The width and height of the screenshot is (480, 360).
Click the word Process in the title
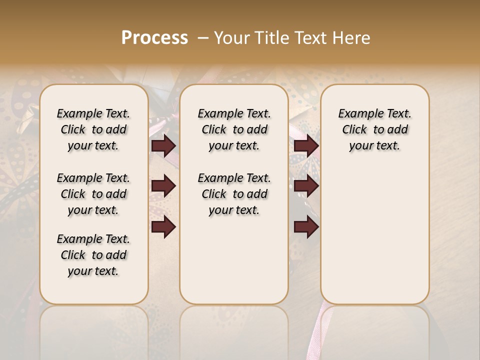pyautogui.click(x=154, y=38)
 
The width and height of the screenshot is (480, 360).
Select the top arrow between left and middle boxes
pyautogui.click(x=163, y=146)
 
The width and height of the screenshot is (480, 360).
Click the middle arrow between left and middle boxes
pyautogui.click(x=163, y=186)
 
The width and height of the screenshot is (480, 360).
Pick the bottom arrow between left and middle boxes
pyautogui.click(x=163, y=227)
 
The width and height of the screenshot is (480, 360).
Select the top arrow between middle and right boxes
pyautogui.click(x=306, y=146)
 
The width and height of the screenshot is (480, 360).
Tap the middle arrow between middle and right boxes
pyautogui.click(x=306, y=186)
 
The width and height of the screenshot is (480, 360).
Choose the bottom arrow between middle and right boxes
pyautogui.click(x=306, y=227)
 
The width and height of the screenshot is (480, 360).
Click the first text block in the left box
pyautogui.click(x=93, y=129)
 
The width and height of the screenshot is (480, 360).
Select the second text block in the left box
pyautogui.click(x=93, y=194)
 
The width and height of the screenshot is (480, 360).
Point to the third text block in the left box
pyautogui.click(x=93, y=255)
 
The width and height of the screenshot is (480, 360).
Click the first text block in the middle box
pyautogui.click(x=234, y=129)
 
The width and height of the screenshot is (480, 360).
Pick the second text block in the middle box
pyautogui.click(x=234, y=194)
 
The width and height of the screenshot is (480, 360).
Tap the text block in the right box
pyautogui.click(x=374, y=129)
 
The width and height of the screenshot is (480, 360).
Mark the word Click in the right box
pyautogui.click(x=354, y=130)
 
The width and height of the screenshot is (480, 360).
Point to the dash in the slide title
pyautogui.click(x=203, y=38)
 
